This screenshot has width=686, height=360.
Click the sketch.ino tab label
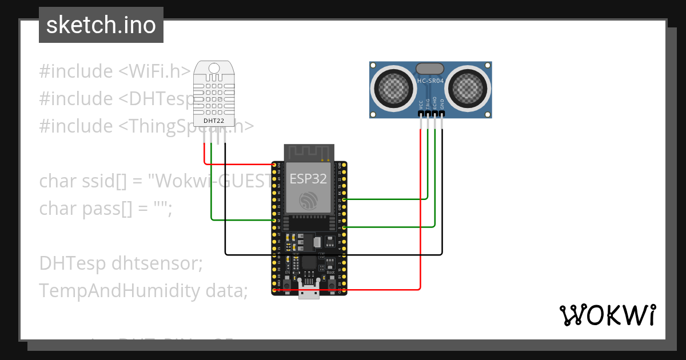[101, 25]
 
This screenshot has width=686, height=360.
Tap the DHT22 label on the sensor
[214, 121]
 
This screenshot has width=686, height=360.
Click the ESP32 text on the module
[308, 178]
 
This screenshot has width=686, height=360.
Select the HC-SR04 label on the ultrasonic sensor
[430, 81]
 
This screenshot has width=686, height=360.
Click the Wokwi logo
[607, 315]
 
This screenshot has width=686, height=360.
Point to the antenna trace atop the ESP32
[309, 153]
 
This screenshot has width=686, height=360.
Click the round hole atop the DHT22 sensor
[214, 69]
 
